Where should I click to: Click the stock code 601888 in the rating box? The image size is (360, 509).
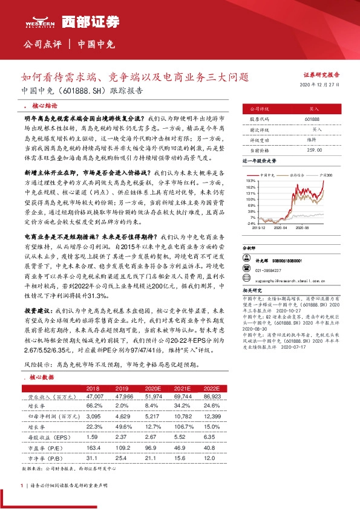[x=312, y=120]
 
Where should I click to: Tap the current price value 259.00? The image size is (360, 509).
[x=313, y=149]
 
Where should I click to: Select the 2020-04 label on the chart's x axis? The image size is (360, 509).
[x=280, y=229]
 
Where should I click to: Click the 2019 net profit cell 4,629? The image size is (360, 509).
[x=122, y=417]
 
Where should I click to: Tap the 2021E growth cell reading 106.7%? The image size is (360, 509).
[x=183, y=427]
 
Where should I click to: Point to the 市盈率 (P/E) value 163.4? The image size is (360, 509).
[x=94, y=449]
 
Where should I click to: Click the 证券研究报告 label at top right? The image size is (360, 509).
[x=321, y=75]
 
